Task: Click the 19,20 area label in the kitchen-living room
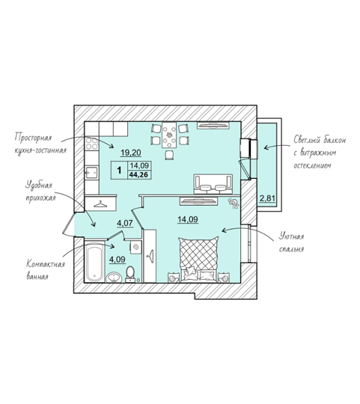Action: click(x=131, y=153)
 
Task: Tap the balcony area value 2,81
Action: click(x=267, y=199)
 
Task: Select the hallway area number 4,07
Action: click(x=125, y=223)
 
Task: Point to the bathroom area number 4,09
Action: click(x=118, y=260)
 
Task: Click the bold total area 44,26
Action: click(x=138, y=174)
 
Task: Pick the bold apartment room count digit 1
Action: click(x=119, y=171)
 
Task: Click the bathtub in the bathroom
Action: click(x=94, y=262)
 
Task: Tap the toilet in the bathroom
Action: click(x=130, y=274)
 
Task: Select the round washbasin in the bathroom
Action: click(x=114, y=278)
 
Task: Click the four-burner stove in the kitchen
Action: click(x=92, y=144)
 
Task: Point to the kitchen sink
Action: click(x=92, y=173)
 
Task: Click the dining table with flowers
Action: click(x=169, y=135)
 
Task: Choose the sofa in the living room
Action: click(x=213, y=184)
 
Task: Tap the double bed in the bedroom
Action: click(x=198, y=260)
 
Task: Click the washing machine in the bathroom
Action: click(x=135, y=248)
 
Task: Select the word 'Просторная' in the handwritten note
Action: click(x=33, y=138)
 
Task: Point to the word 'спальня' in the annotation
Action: click(x=291, y=249)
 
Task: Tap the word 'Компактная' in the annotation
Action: click(x=46, y=264)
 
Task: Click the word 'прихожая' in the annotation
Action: click(x=40, y=198)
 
